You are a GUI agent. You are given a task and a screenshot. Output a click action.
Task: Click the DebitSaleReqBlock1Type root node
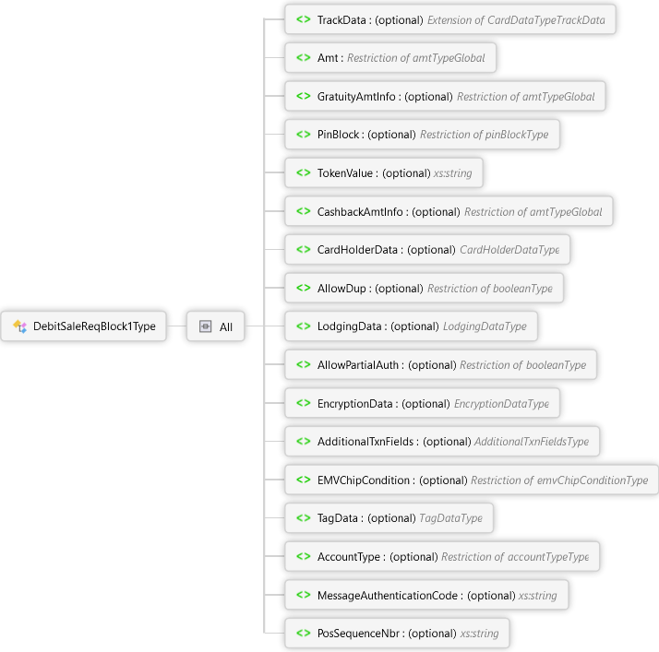[x=84, y=326]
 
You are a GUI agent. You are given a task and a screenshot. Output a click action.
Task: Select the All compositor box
[x=216, y=326]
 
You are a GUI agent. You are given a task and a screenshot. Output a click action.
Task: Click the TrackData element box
[x=449, y=19]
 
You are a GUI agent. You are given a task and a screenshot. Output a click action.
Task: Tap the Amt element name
[x=329, y=57]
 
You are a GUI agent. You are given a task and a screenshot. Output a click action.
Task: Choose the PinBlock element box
[x=422, y=135]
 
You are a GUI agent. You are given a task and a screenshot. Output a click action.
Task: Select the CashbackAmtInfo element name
[x=361, y=211]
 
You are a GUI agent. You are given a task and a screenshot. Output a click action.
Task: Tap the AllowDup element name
[x=342, y=289]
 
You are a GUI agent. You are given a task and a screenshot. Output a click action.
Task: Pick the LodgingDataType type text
[x=485, y=326]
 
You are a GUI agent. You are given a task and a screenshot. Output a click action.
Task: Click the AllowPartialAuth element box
[x=440, y=365]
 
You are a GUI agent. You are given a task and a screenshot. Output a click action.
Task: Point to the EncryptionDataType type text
[x=501, y=404]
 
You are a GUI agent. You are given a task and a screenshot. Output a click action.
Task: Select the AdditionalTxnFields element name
[x=366, y=442]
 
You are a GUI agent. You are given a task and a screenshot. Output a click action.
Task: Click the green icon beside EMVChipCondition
[x=303, y=480]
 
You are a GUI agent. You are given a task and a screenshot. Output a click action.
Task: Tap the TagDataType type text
[x=450, y=518]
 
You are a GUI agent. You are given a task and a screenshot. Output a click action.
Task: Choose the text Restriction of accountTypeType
[x=515, y=557]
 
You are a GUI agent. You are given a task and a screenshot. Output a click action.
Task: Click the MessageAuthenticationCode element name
[x=388, y=596]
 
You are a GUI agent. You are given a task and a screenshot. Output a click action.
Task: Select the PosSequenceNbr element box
[x=397, y=634]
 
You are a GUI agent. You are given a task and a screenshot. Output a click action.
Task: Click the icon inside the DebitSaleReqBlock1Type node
[x=19, y=326]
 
